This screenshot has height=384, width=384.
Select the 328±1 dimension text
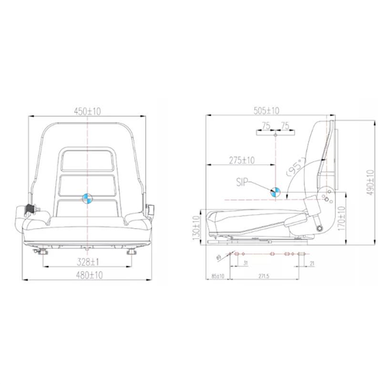89,262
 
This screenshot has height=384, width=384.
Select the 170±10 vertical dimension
340,223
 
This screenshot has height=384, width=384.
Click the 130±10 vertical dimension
197,227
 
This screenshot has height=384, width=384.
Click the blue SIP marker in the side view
276,190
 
